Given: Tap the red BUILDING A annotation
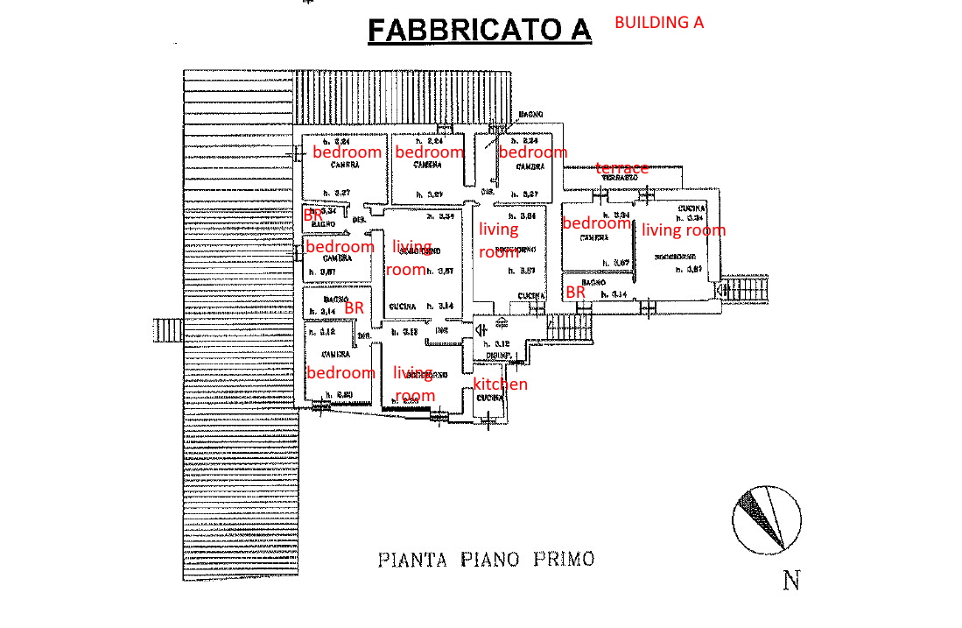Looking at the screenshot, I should pos(659,23).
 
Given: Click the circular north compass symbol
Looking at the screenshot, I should pos(766,521).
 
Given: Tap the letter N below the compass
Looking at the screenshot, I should pos(791,581).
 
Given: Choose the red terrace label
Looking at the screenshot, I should pos(622,167).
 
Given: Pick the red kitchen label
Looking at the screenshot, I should pos(501,385).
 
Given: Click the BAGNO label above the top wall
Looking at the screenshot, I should pos(530,115).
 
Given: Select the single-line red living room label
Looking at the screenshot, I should pos(684,230).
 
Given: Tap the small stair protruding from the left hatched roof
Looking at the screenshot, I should pos(167,331).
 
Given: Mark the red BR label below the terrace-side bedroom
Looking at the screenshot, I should pos(575,292).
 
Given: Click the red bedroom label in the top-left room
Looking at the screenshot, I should pos(347,152).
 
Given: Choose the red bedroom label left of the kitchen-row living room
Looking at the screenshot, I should pos(340,372).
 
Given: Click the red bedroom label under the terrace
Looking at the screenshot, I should pos(596,223).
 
